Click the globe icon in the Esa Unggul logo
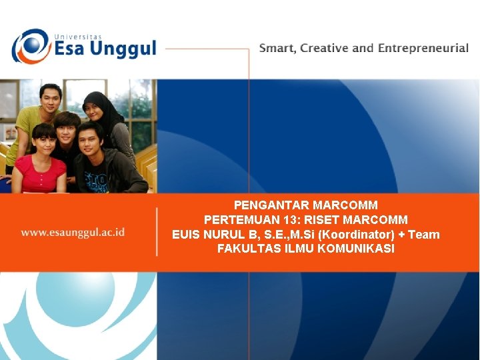coord(30,46)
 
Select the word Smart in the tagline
coord(277,49)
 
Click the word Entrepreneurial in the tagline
coord(423,49)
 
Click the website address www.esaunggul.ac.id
coord(73,233)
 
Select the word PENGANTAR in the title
coord(271,205)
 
